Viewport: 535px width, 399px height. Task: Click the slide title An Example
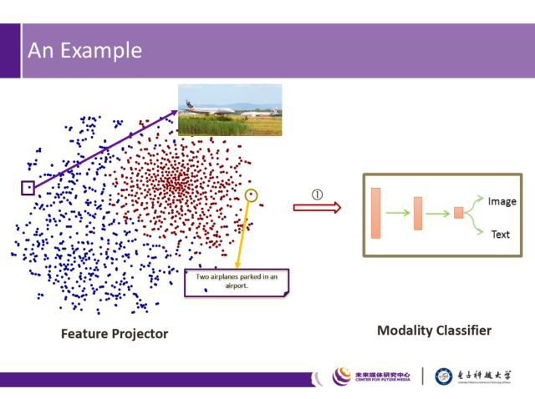(84, 51)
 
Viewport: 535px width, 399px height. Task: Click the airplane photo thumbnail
(230, 109)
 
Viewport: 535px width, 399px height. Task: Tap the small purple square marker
(27, 188)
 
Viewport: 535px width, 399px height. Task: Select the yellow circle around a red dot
(253, 195)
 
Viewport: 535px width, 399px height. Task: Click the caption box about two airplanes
(236, 280)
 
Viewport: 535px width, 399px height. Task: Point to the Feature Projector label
(115, 334)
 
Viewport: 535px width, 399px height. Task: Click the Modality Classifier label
(434, 331)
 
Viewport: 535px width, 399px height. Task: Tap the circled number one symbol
(317, 194)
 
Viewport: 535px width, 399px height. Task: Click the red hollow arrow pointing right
(318, 207)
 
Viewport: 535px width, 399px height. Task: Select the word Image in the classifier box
(502, 201)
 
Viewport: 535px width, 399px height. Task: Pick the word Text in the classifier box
(500, 234)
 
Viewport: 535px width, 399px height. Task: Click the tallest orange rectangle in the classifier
(375, 213)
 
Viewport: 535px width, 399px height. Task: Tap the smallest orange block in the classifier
(458, 213)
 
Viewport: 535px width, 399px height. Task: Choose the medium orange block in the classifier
(418, 213)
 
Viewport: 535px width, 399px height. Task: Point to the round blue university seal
(445, 376)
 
